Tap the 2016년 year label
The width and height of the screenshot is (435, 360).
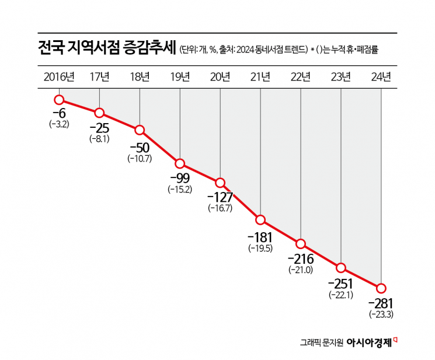tap(59, 76)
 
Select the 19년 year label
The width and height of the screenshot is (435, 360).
tap(180, 76)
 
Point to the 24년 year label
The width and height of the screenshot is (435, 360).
tap(381, 76)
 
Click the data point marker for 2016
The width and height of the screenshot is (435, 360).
tap(59, 100)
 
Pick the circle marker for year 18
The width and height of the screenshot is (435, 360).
tap(140, 130)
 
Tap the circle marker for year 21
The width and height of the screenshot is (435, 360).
tap(260, 220)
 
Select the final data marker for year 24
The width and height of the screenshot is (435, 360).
tap(381, 288)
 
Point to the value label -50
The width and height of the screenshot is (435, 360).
tap(139, 148)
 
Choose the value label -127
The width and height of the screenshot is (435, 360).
tap(220, 197)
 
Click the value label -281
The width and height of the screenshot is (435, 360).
tap(381, 303)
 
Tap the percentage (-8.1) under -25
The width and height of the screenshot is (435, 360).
tap(99, 139)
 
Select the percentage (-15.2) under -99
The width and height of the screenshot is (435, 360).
tap(180, 189)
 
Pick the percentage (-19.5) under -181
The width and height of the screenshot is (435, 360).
tap(260, 248)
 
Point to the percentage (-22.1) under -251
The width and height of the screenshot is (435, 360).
tap(341, 295)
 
